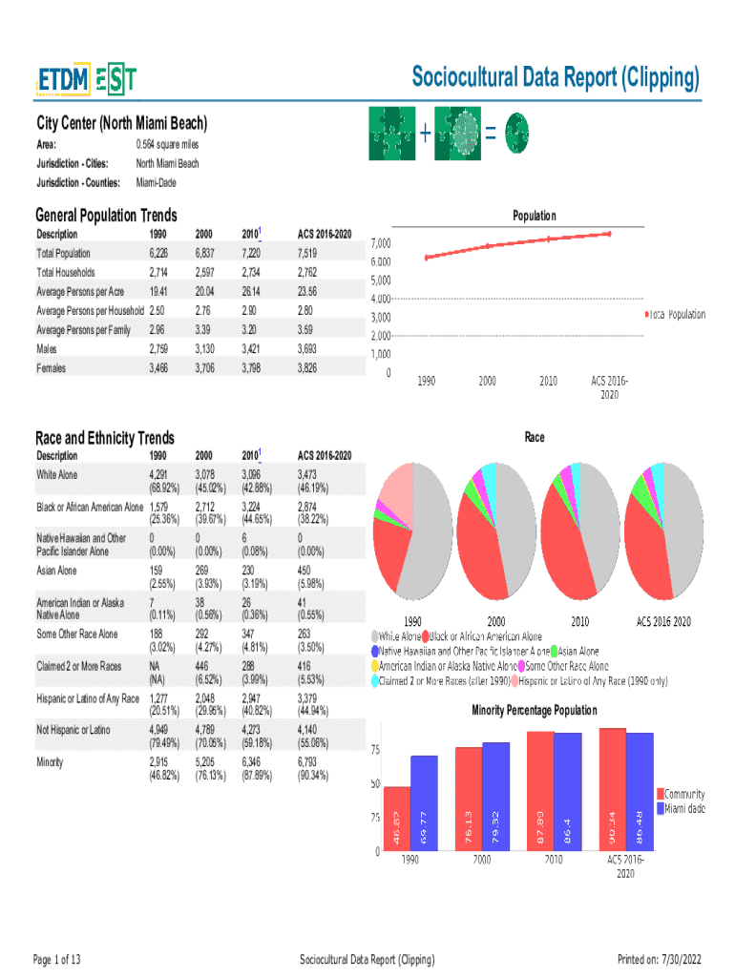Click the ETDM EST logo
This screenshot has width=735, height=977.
(x=86, y=80)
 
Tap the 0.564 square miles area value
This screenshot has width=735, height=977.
(x=167, y=144)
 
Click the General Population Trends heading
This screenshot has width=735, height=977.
(x=106, y=216)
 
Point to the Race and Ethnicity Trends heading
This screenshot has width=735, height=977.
(x=105, y=438)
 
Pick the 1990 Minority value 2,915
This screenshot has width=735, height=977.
(x=163, y=761)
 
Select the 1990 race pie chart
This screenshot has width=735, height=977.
(x=409, y=530)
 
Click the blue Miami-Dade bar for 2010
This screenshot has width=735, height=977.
(x=568, y=791)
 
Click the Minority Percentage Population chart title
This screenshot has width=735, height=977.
(x=535, y=711)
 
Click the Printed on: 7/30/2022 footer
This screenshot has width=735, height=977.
(x=660, y=959)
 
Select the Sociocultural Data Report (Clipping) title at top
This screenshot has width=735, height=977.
(x=556, y=78)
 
